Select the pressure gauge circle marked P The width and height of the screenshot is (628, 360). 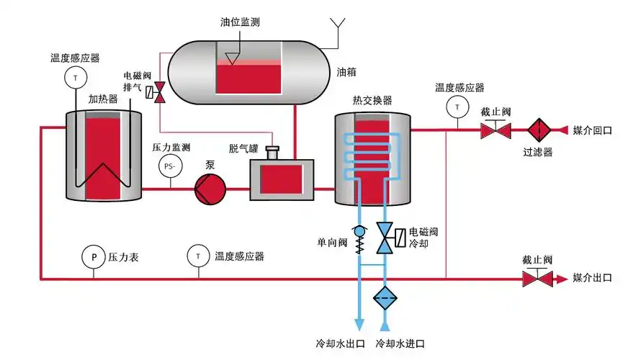(x=93, y=256)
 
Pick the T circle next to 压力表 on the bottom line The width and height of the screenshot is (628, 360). (x=196, y=256)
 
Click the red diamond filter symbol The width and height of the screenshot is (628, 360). (x=539, y=130)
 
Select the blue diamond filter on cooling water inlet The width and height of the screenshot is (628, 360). (x=385, y=297)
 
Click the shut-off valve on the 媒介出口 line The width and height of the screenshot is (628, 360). (x=537, y=277)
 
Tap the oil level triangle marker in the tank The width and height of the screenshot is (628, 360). (x=231, y=56)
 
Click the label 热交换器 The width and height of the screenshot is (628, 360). (x=372, y=100)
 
